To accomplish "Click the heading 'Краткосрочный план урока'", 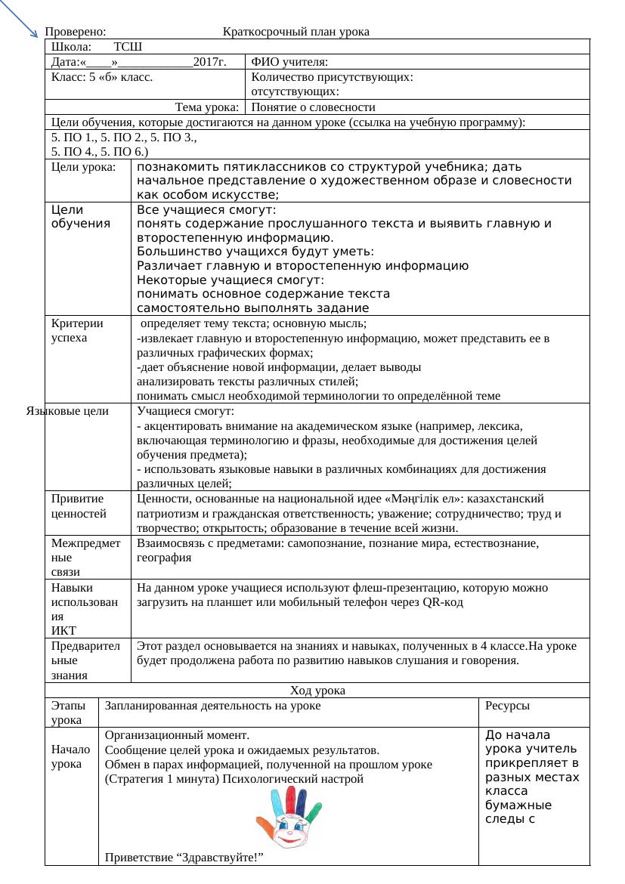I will coord(296,32).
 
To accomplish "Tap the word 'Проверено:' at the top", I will coord(75,32).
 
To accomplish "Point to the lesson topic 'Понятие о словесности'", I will coord(313,107).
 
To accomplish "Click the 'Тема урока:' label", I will coord(208,107).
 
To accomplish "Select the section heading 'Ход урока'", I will coord(317,690).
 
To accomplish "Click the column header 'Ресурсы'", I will coord(506,706).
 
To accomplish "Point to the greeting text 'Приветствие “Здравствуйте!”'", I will coord(184,858).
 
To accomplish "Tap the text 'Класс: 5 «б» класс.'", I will coord(102,77).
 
